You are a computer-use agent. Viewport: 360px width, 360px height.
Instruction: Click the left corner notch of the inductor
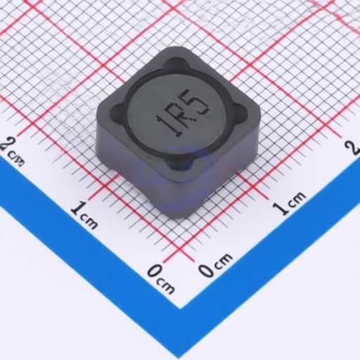117,112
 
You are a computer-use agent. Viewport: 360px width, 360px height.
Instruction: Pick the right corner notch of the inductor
241,112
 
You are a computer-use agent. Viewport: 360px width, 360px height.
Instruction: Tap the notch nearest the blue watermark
179,163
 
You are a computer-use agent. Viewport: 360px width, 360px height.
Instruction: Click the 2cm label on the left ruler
12,151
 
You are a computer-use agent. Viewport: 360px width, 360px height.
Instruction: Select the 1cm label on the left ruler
85,215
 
